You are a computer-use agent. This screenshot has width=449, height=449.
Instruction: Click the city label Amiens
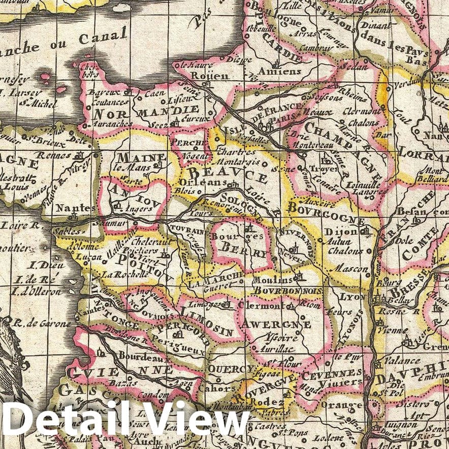279,71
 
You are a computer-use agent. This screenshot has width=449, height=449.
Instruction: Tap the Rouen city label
203,76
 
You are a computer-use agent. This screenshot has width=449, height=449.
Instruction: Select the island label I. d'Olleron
38,292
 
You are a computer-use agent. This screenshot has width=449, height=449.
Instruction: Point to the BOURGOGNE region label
326,213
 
